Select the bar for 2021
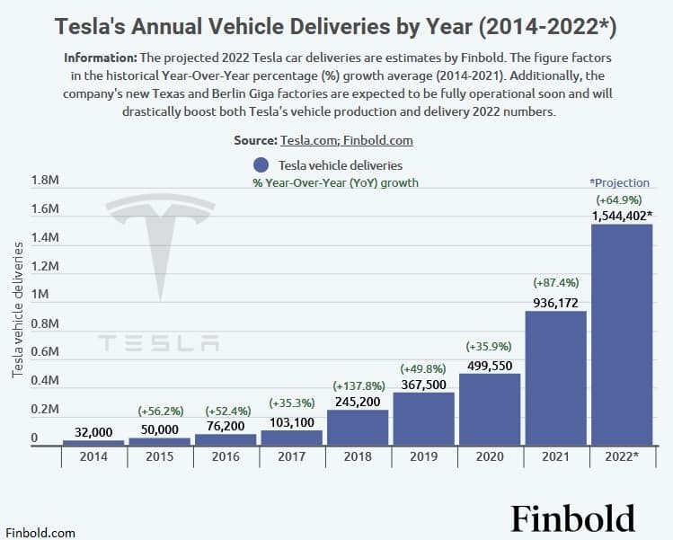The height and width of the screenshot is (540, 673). click(x=555, y=377)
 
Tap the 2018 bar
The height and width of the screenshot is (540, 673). click(x=358, y=427)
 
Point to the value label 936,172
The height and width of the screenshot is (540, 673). click(x=555, y=303)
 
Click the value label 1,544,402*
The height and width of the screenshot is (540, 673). click(x=622, y=216)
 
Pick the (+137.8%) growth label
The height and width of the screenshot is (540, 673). click(x=358, y=385)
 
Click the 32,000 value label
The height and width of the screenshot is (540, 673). click(x=93, y=431)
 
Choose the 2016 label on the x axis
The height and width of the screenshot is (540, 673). click(x=226, y=457)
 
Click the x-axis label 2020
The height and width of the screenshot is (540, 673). click(x=490, y=457)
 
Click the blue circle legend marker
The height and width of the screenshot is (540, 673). click(x=261, y=165)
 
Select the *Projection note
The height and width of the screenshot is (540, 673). click(x=619, y=182)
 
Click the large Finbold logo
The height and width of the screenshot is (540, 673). click(x=573, y=518)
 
